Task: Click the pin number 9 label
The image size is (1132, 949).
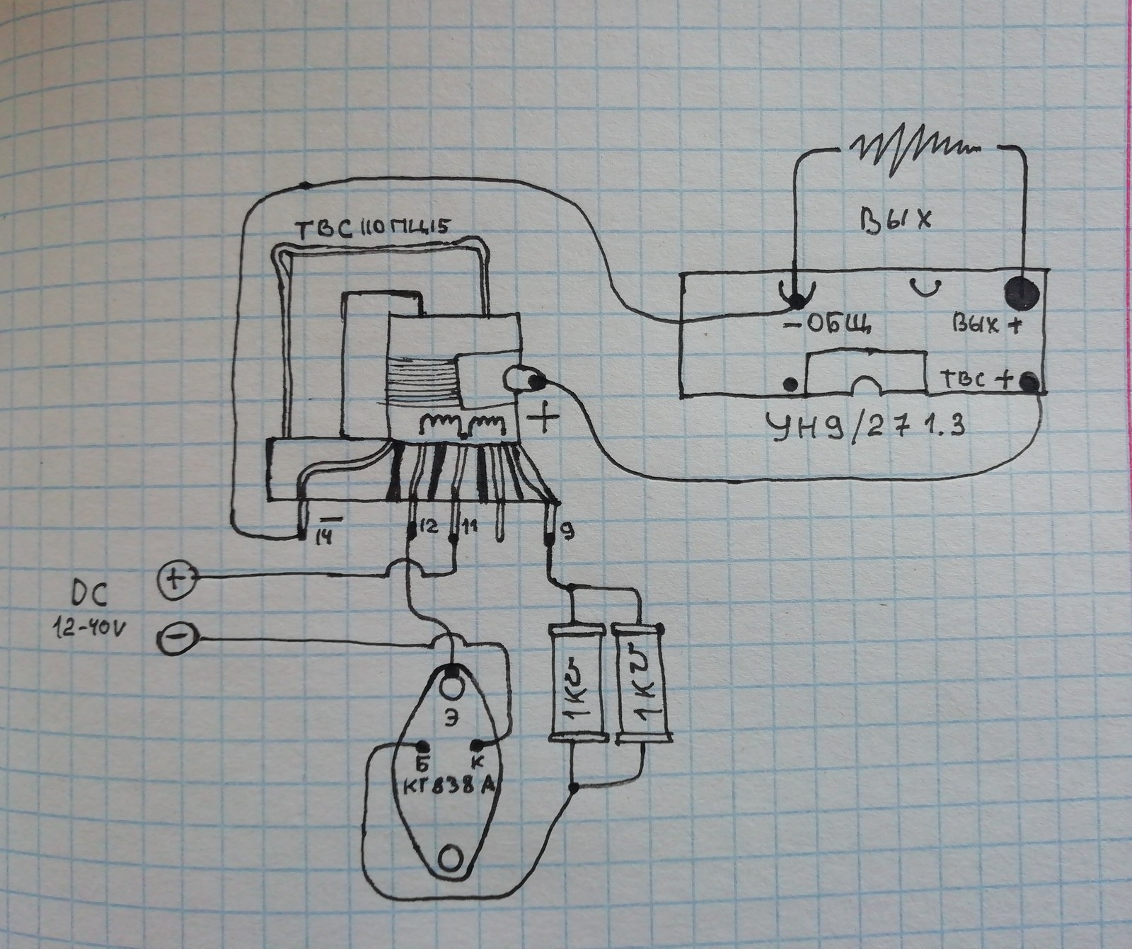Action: pos(565,527)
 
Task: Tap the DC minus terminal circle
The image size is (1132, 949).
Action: pos(174,640)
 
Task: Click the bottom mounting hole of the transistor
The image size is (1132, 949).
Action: pos(450,858)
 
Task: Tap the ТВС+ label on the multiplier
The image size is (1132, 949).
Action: pos(976,381)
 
